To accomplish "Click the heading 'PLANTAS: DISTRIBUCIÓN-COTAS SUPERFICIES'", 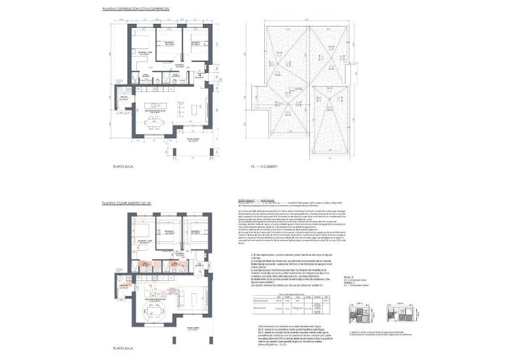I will [x=136, y=10].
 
